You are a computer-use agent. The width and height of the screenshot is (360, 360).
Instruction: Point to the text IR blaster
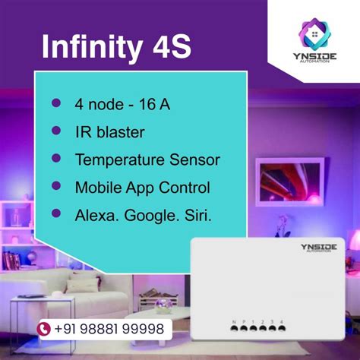point(109,131)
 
